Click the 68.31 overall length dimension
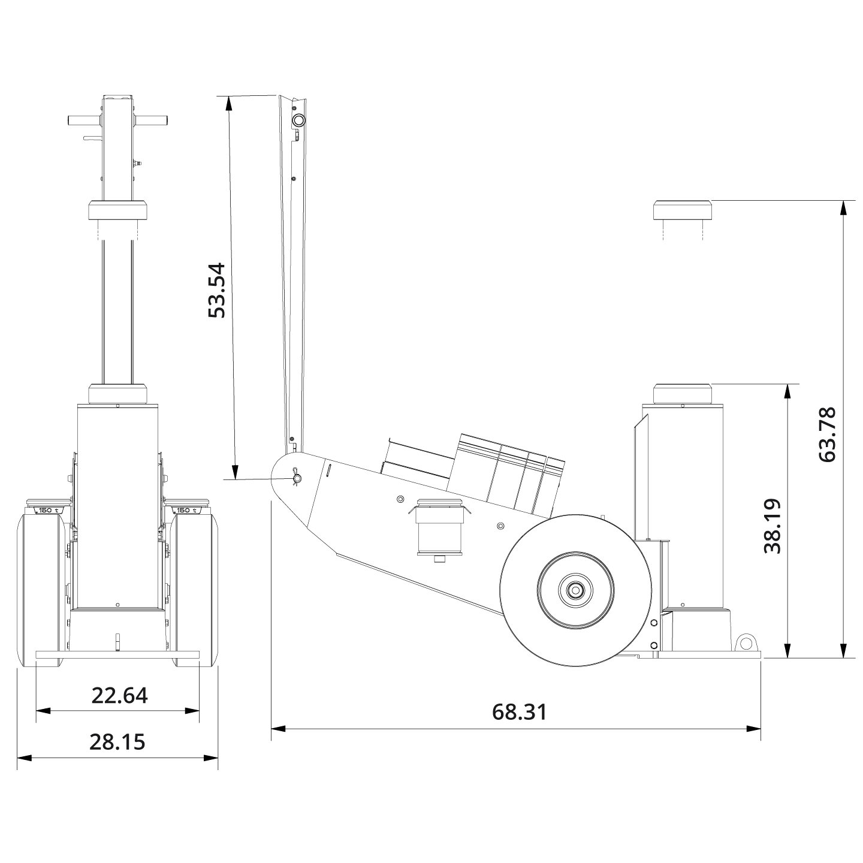click(519, 712)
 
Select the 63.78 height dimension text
click(827, 434)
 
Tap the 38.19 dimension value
click(773, 526)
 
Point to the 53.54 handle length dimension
click(216, 289)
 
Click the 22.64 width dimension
click(119, 695)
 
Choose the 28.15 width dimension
click(117, 742)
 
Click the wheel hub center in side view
click(575, 590)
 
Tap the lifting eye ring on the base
click(746, 643)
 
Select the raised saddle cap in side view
click(682, 210)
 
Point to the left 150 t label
click(49, 510)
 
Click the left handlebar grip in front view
click(84, 120)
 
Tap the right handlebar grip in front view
click(151, 120)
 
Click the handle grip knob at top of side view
click(298, 120)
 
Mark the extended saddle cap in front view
click(118, 210)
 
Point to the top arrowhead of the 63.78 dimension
click(844, 207)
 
